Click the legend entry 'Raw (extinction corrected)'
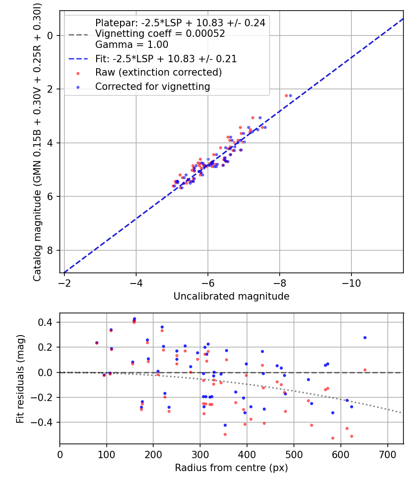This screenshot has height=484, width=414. coord(158,73)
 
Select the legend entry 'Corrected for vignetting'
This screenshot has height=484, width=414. coord(152,87)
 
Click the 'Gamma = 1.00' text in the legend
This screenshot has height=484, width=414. coord(132,45)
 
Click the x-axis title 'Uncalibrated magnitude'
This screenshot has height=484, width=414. coord(231,296)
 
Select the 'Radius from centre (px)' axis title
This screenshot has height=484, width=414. coord(231,468)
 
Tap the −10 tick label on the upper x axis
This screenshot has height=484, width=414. coord(351,282)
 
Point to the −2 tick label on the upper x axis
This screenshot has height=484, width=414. coord(64,282)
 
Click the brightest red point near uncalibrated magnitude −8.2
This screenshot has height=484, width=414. coord(286,95)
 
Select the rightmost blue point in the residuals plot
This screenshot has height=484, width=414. coord(365,337)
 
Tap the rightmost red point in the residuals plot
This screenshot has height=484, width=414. coord(365,370)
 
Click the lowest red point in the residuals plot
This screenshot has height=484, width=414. coord(333,438)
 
